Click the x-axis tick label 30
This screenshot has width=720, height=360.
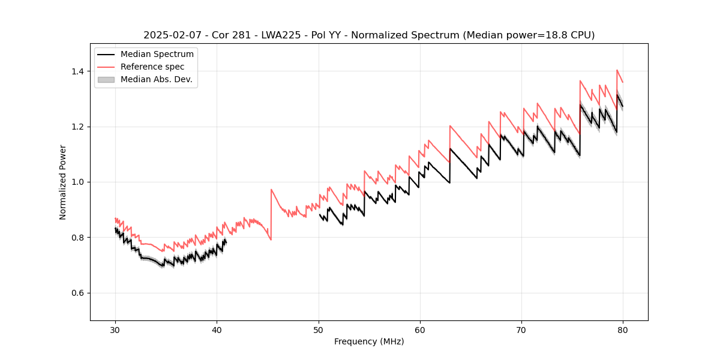coord(116,329)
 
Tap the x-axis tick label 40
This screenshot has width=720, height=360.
coord(217,329)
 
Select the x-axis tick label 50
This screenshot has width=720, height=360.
coord(319,329)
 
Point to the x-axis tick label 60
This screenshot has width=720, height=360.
coord(420,329)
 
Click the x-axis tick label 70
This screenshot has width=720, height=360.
coord(521,329)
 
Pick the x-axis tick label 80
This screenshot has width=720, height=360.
coord(623,329)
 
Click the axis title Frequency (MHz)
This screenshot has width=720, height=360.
coord(369,341)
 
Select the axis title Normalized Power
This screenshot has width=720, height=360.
coord(63,182)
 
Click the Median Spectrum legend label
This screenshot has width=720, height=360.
coord(157,55)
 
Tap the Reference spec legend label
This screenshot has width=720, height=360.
coord(152,67)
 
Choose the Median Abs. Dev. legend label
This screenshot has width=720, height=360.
coord(156,79)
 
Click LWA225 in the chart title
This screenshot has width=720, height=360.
coord(281,35)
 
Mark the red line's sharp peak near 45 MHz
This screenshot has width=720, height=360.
coord(271,190)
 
